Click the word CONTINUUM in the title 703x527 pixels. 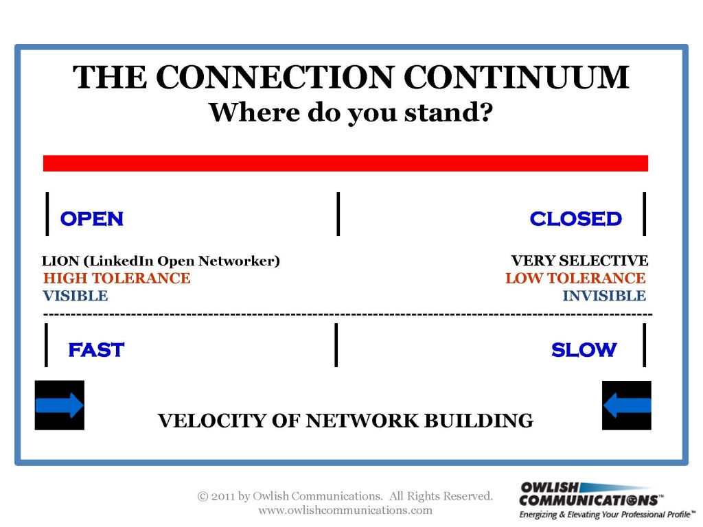click(x=516, y=77)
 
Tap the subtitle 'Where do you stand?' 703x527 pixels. click(x=351, y=112)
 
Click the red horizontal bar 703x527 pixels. click(x=346, y=163)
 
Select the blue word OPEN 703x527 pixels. click(x=92, y=219)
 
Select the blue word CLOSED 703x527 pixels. click(x=576, y=219)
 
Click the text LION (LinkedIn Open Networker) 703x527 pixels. click(x=161, y=261)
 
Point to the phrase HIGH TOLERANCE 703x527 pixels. click(x=117, y=279)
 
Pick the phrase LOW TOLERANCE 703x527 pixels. click(x=575, y=279)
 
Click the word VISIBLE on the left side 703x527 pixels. click(x=76, y=296)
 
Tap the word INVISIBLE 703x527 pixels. click(x=604, y=296)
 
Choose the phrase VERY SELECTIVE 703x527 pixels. click(x=579, y=260)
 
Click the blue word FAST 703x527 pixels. click(x=96, y=350)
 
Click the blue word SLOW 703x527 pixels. click(x=584, y=350)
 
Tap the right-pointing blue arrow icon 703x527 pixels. click(x=60, y=405)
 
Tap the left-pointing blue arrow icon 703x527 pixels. click(x=626, y=405)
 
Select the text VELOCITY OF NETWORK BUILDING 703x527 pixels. click(x=345, y=421)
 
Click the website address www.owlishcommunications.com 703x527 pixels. click(x=345, y=510)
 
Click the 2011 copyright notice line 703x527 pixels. click(x=345, y=496)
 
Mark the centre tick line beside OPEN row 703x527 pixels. click(x=338, y=214)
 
